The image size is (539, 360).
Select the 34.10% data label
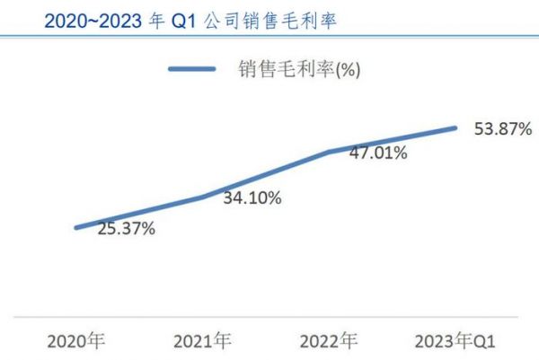pyautogui.click(x=252, y=198)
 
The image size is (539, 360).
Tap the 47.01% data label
pyautogui.click(x=378, y=153)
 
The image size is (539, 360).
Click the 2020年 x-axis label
pyautogui.click(x=76, y=341)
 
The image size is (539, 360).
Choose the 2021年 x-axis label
pyautogui.click(x=202, y=341)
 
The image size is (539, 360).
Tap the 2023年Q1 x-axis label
pyautogui.click(x=455, y=341)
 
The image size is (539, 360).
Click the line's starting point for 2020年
pyautogui.click(x=76, y=227)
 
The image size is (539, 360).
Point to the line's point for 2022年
pyautogui.click(x=329, y=152)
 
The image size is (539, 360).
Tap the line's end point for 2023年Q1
pyautogui.click(x=455, y=127)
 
